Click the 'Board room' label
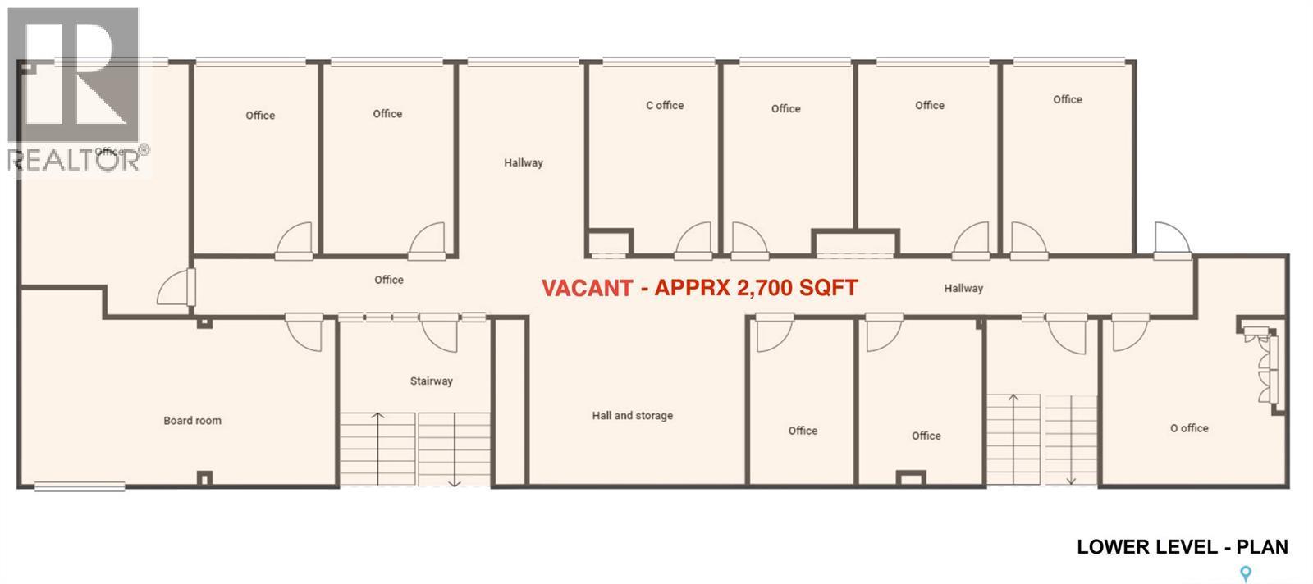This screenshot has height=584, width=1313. (192, 421)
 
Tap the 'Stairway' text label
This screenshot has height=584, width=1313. (431, 381)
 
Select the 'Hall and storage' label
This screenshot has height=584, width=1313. (632, 416)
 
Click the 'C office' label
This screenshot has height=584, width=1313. (665, 105)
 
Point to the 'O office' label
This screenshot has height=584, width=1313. (1189, 428)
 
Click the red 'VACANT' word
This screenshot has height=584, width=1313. (587, 288)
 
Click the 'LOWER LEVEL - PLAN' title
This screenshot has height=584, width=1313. (1182, 546)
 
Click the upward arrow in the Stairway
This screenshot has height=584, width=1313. (377, 443)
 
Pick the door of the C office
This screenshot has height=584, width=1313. (693, 240)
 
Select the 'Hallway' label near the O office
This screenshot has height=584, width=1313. (963, 288)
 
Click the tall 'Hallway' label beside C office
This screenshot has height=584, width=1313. (524, 162)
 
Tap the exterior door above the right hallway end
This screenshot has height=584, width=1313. (1171, 240)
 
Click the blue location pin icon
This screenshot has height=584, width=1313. (1246, 573)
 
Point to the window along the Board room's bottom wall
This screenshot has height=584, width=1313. (80, 486)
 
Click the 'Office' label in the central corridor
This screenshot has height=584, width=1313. (389, 280)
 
